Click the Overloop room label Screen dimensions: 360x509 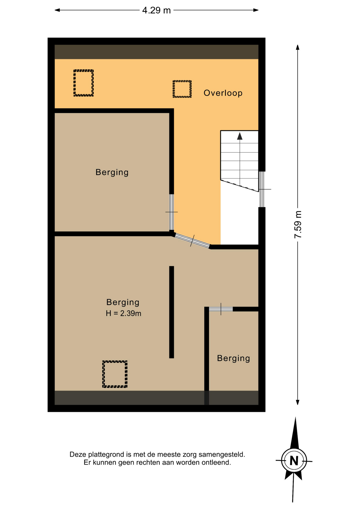point(223,93)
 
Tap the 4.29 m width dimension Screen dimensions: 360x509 point(156,10)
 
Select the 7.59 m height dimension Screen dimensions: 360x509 point(298,225)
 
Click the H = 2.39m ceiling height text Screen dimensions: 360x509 point(123,313)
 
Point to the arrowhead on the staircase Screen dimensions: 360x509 point(240,136)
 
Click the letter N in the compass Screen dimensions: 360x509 point(294,461)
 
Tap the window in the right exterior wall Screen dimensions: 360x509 point(262,189)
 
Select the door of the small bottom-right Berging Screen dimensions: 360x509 point(221,309)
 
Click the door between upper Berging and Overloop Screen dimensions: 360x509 point(172,212)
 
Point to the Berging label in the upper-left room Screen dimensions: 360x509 point(112,172)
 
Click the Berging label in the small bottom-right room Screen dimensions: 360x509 point(234,358)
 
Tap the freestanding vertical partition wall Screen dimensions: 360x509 point(172,312)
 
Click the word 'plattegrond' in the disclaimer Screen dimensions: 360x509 point(106,454)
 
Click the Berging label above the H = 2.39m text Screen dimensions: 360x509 point(123,302)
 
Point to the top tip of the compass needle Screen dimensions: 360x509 point(296,417)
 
